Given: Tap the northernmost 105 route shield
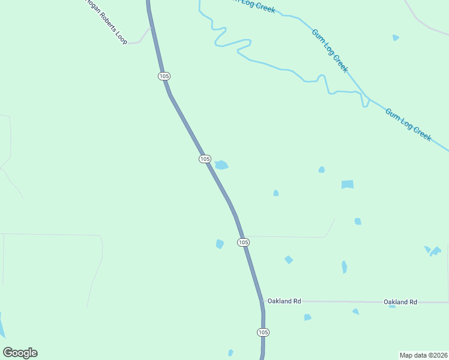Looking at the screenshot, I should (x=164, y=76).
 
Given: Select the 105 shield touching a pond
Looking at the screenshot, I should (x=205, y=159).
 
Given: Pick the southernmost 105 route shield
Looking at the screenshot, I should (x=263, y=332).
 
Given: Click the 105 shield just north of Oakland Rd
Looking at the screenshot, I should (x=243, y=242).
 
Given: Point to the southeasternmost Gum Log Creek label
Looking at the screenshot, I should (x=408, y=125).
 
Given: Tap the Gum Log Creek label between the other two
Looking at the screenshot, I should (x=330, y=50).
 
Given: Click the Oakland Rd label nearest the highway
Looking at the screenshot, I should (x=284, y=301).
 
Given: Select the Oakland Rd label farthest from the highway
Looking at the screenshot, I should (x=400, y=302).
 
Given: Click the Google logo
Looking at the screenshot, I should (x=20, y=353).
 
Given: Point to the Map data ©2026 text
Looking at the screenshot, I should (x=423, y=355).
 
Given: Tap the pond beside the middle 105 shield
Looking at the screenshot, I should (x=222, y=165).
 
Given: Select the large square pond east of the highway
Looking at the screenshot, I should (x=348, y=185).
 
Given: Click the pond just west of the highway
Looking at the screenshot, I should (x=220, y=244).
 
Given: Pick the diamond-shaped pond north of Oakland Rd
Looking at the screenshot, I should (x=289, y=260).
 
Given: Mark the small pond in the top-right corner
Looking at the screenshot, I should (x=396, y=38).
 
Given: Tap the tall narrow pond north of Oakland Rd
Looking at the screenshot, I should (x=345, y=266).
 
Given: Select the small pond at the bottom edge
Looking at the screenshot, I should (x=231, y=353).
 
